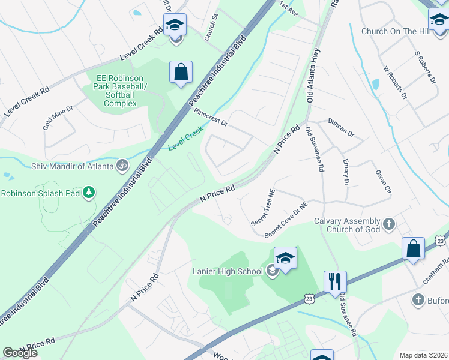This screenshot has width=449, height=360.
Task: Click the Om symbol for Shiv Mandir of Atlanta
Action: click(122, 164)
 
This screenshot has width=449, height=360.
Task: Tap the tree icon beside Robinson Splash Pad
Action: click(89, 193)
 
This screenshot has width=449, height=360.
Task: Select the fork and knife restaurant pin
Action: click(335, 282)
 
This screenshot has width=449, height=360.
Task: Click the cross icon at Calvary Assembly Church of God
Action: click(389, 224)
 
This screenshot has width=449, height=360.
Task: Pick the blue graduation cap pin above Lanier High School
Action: click(285, 259)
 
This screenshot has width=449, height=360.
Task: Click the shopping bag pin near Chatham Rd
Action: click(414, 248)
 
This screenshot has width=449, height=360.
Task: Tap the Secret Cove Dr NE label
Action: click(286, 219)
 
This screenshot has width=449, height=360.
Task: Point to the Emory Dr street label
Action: click(346, 172)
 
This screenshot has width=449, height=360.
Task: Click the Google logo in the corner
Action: click(20, 353)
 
